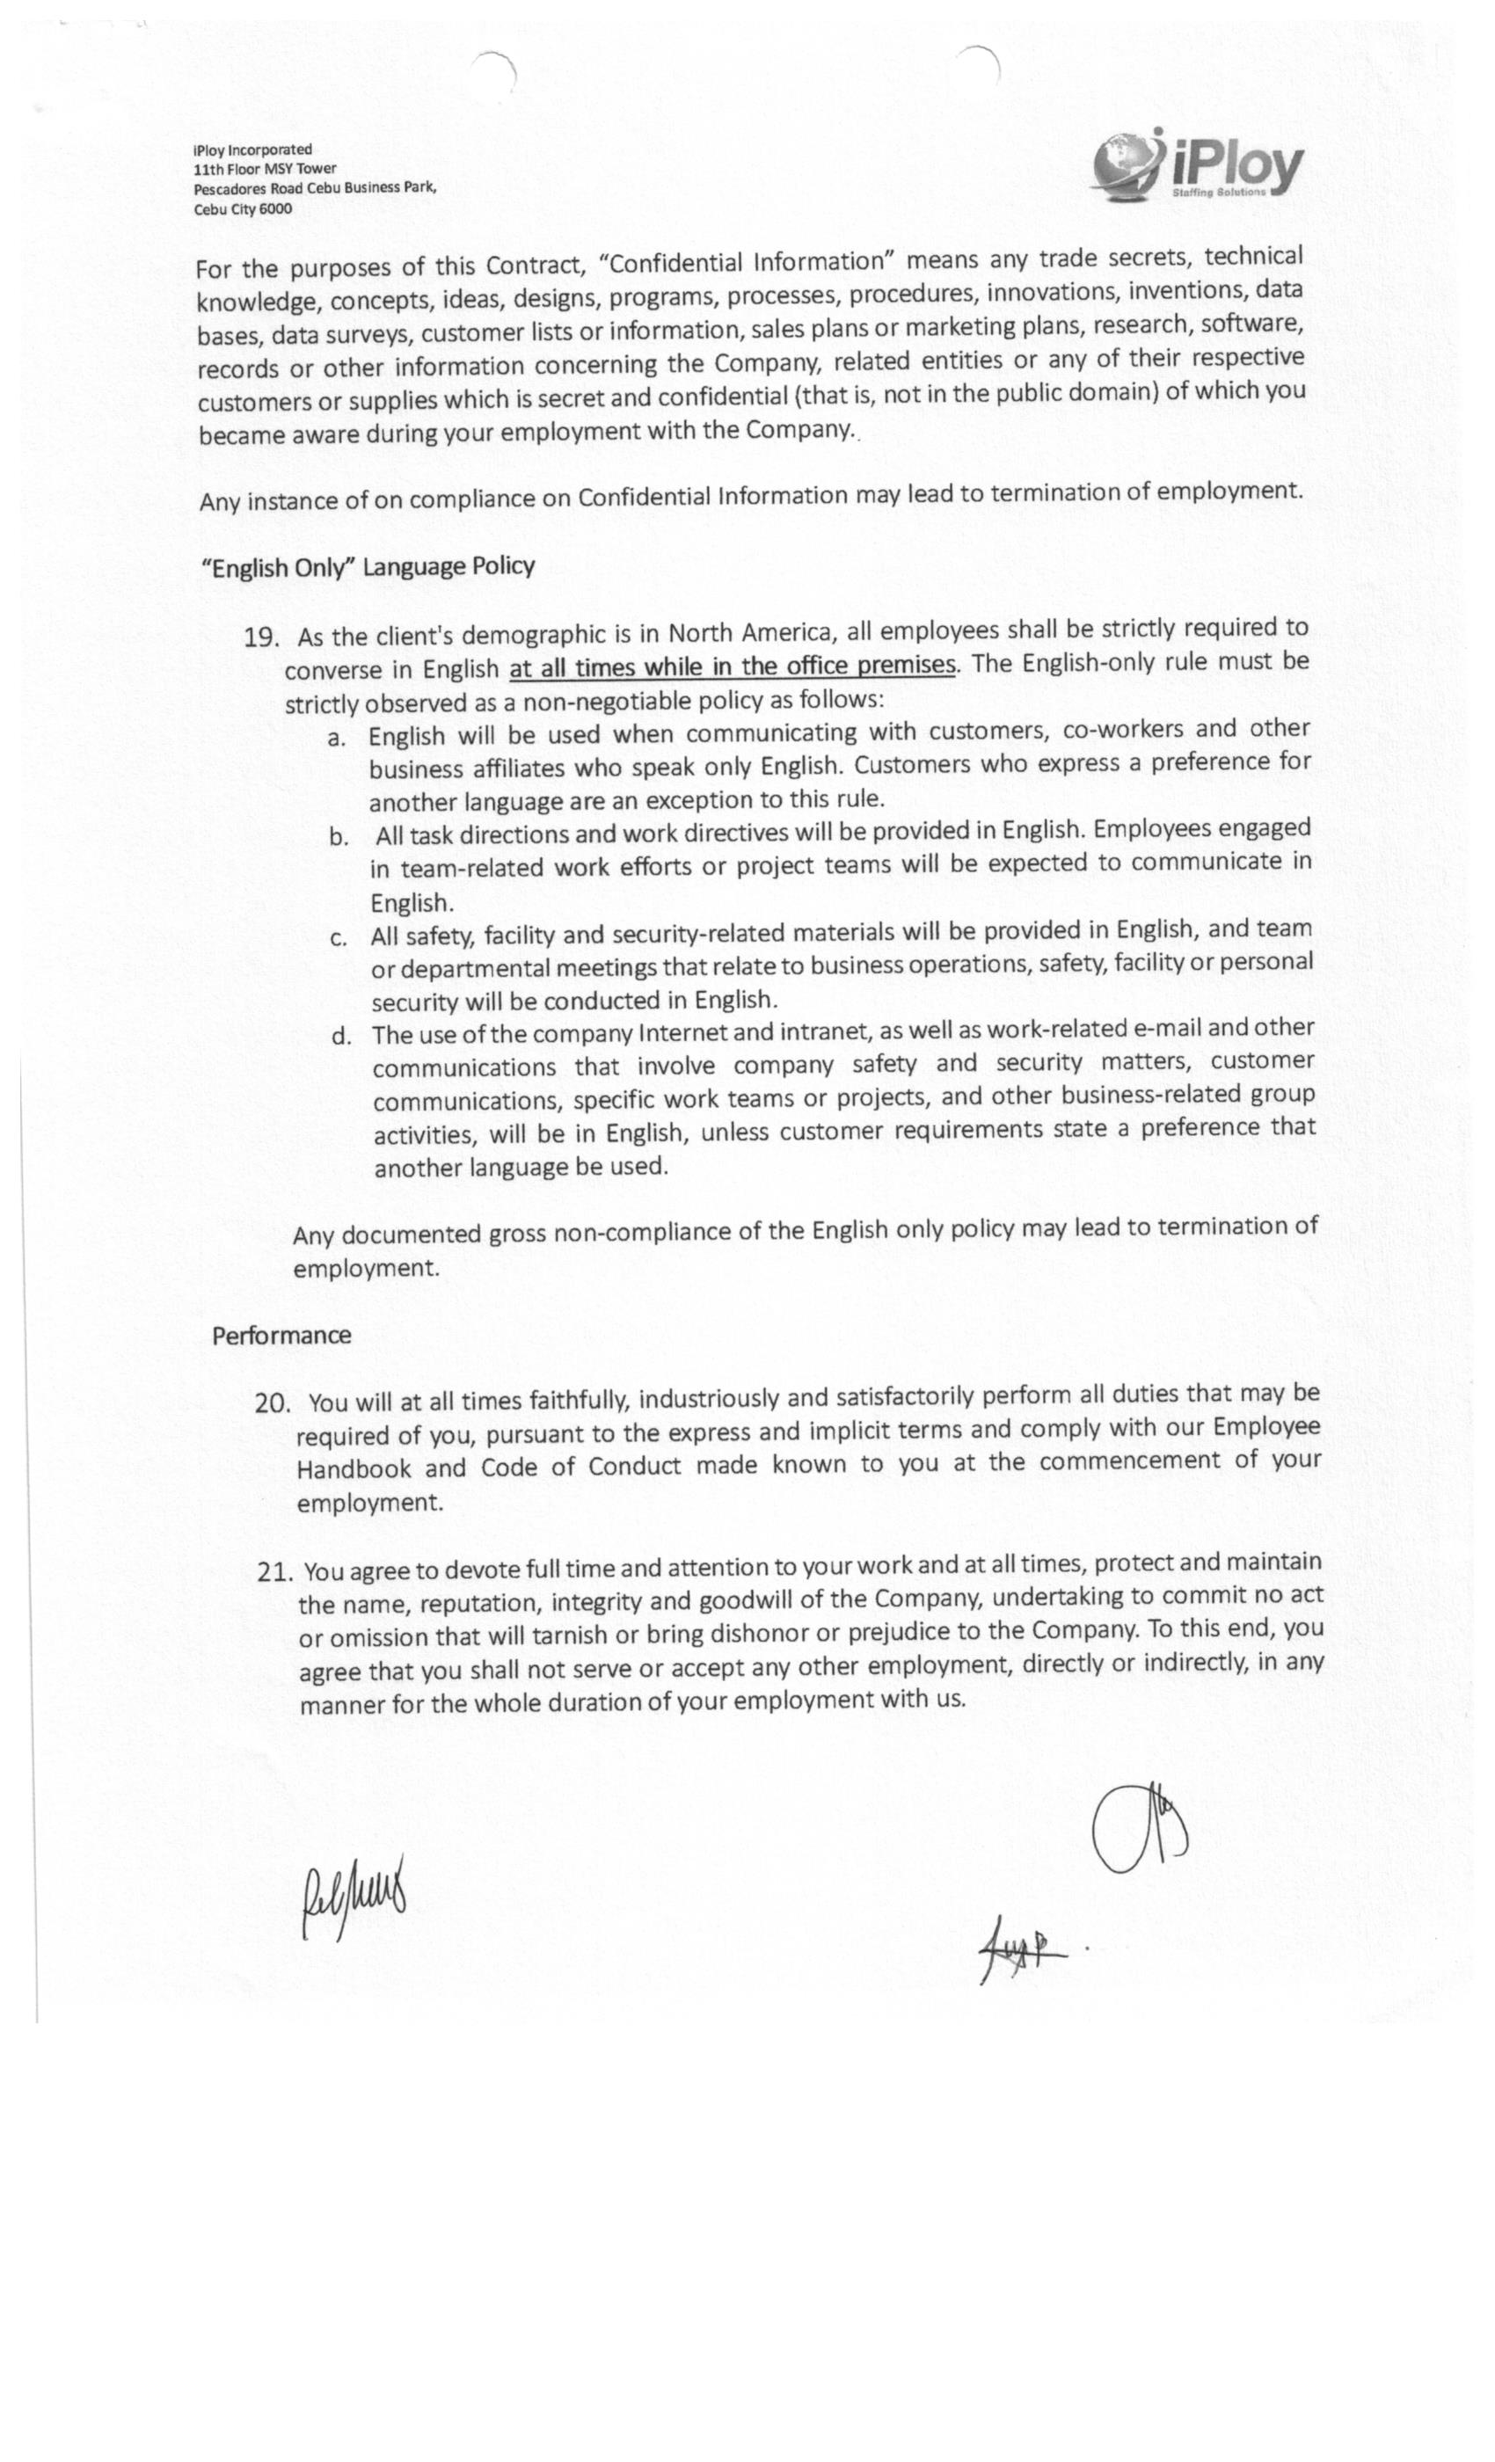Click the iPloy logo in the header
click(1197, 166)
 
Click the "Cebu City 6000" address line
click(243, 209)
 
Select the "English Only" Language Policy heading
click(368, 567)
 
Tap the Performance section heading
click(281, 1336)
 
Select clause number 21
click(273, 1573)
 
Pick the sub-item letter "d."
click(342, 1036)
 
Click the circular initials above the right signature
click(1138, 1826)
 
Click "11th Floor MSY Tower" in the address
click(265, 169)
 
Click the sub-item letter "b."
click(339, 836)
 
